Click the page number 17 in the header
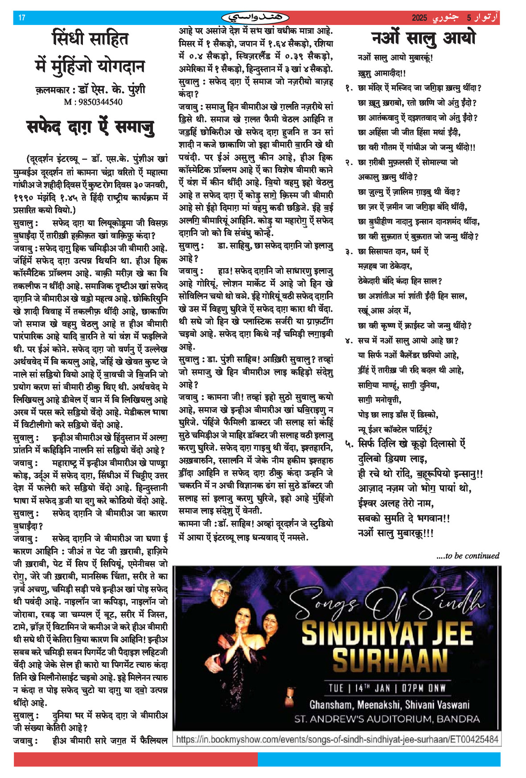pos(22,18)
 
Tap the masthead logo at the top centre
pos(255,18)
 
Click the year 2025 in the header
pos(419,18)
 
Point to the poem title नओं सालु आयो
pos(423,38)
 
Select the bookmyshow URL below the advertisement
pos(337,739)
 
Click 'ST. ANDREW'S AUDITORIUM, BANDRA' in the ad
pos(387,719)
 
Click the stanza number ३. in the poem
pos(349,252)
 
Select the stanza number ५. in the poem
pos(349,444)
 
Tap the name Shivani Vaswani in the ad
pos(437,705)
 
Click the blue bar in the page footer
pos(379,759)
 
